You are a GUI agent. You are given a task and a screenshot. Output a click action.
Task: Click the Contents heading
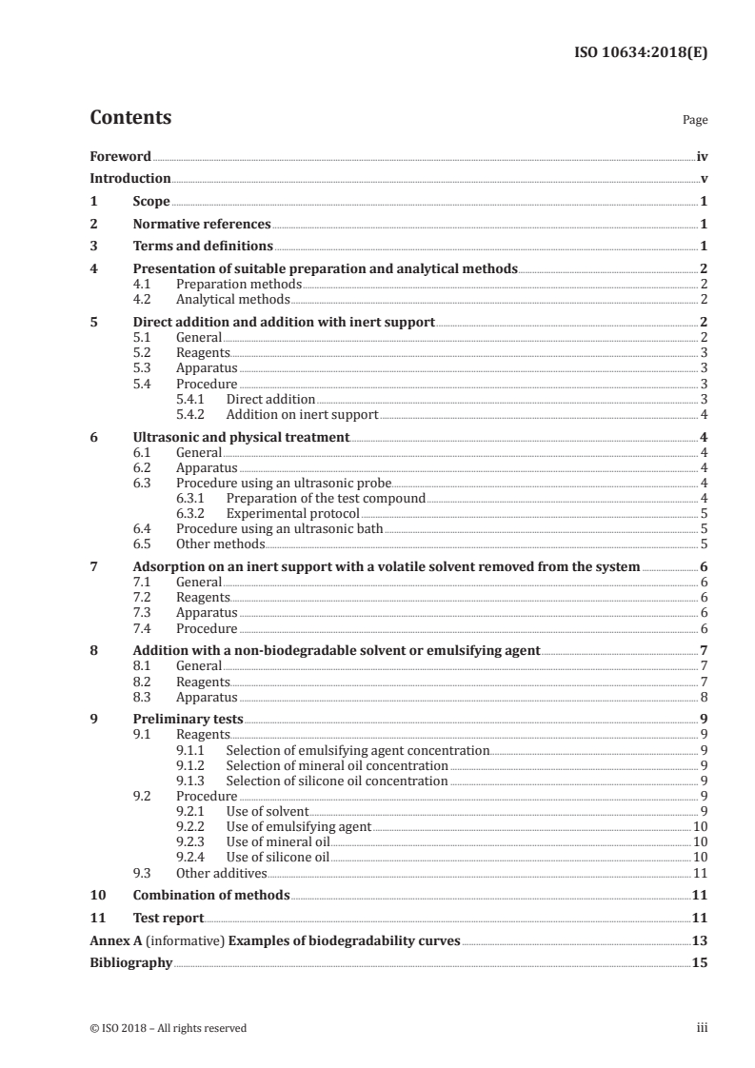130,118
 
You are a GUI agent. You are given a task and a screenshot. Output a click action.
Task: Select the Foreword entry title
120,156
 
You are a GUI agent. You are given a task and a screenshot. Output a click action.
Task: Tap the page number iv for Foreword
701,156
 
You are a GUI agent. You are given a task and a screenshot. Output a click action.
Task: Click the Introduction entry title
129,178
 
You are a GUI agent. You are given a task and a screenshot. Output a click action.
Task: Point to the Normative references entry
201,224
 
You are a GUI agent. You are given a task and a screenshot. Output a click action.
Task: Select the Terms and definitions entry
196,247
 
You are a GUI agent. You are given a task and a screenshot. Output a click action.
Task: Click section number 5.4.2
194,414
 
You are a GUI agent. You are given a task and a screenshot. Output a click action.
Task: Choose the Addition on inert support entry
302,414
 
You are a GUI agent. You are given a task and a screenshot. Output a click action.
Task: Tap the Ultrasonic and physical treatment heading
241,437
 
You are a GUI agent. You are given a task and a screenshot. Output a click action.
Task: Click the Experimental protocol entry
292,513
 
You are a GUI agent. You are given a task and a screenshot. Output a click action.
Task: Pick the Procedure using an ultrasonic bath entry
280,528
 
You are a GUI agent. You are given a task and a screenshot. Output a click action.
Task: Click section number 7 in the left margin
93,566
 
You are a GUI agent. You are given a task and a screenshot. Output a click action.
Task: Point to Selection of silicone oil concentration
336,781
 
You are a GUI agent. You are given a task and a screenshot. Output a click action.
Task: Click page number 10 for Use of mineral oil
699,841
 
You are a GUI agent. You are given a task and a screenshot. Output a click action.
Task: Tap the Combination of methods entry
210,895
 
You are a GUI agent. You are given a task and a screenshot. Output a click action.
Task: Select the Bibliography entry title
130,962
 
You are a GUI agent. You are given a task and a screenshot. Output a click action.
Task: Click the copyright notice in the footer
168,1027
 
